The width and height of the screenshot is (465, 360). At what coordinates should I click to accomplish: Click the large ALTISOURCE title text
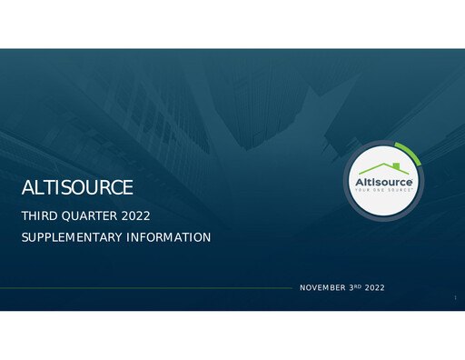click(x=77, y=188)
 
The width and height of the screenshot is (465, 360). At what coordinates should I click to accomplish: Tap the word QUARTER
click(x=86, y=216)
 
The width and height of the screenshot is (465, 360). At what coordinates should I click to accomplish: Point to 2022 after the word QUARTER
click(x=134, y=216)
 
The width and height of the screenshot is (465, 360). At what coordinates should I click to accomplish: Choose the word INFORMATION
click(x=168, y=237)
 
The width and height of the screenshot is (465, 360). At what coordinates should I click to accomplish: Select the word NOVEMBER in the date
click(x=322, y=287)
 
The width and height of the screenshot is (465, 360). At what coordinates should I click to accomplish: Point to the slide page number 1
click(x=454, y=296)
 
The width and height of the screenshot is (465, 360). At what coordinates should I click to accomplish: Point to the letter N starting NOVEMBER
click(x=302, y=287)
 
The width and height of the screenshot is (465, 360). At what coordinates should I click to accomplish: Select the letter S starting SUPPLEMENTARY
click(x=24, y=237)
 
